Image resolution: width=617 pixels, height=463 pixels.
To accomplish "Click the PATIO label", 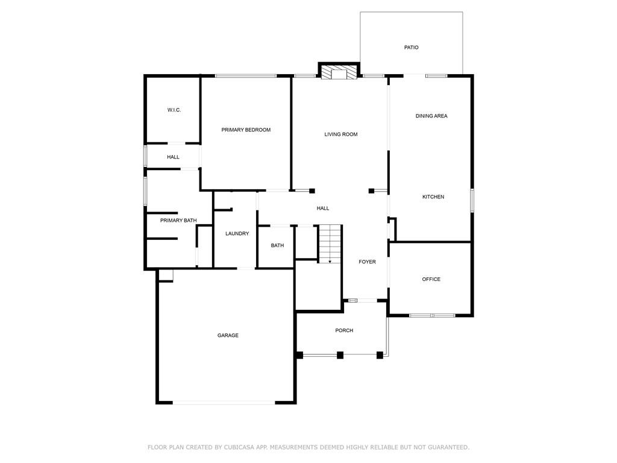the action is tap(411, 47).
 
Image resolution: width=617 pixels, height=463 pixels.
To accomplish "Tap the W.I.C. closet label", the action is tap(174, 110).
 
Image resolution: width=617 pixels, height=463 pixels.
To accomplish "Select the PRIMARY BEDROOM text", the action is tap(246, 130).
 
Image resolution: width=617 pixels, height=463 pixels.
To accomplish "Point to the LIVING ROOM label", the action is tap(341, 134).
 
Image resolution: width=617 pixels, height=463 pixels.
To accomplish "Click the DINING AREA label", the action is tap(431, 116).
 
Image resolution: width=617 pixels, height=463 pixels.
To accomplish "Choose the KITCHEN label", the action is tap(433, 197).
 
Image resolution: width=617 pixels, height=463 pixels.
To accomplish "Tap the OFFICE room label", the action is tap(431, 279).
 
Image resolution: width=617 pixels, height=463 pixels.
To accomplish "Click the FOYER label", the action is tap(367, 262).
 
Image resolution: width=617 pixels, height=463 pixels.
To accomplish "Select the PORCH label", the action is tap(344, 330).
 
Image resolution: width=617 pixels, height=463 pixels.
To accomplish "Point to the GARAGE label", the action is tap(228, 335).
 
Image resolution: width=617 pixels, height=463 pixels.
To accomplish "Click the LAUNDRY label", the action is tap(237, 233).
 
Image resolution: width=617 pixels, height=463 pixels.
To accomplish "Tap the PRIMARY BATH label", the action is tap(178, 221).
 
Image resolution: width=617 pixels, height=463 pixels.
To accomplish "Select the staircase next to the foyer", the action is tap(330, 244).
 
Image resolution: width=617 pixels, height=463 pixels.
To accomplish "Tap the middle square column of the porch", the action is tap(340, 355).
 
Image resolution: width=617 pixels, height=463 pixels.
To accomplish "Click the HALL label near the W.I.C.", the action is tap(173, 157).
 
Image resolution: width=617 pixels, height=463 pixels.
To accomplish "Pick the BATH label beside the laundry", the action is tap(277, 245).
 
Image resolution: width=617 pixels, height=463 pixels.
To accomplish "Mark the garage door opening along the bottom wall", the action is tap(224, 403).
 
